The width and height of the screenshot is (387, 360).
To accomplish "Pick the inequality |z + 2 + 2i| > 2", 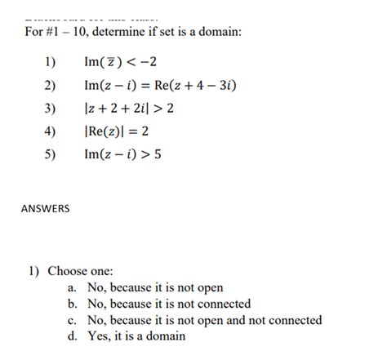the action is [129, 108].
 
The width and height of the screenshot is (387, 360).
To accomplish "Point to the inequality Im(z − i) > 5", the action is [122, 153].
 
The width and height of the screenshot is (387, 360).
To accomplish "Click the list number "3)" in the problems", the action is [48, 108].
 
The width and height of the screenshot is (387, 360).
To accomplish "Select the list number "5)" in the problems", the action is [48, 153].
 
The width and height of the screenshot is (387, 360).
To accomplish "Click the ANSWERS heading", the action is [45, 208].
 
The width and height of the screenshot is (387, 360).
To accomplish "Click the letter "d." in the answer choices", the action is [73, 336].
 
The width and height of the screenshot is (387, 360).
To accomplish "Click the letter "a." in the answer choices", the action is [73, 287].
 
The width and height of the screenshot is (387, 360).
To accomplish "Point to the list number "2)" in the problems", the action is [48, 85].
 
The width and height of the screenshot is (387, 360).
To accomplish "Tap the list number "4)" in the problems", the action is [48, 131].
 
